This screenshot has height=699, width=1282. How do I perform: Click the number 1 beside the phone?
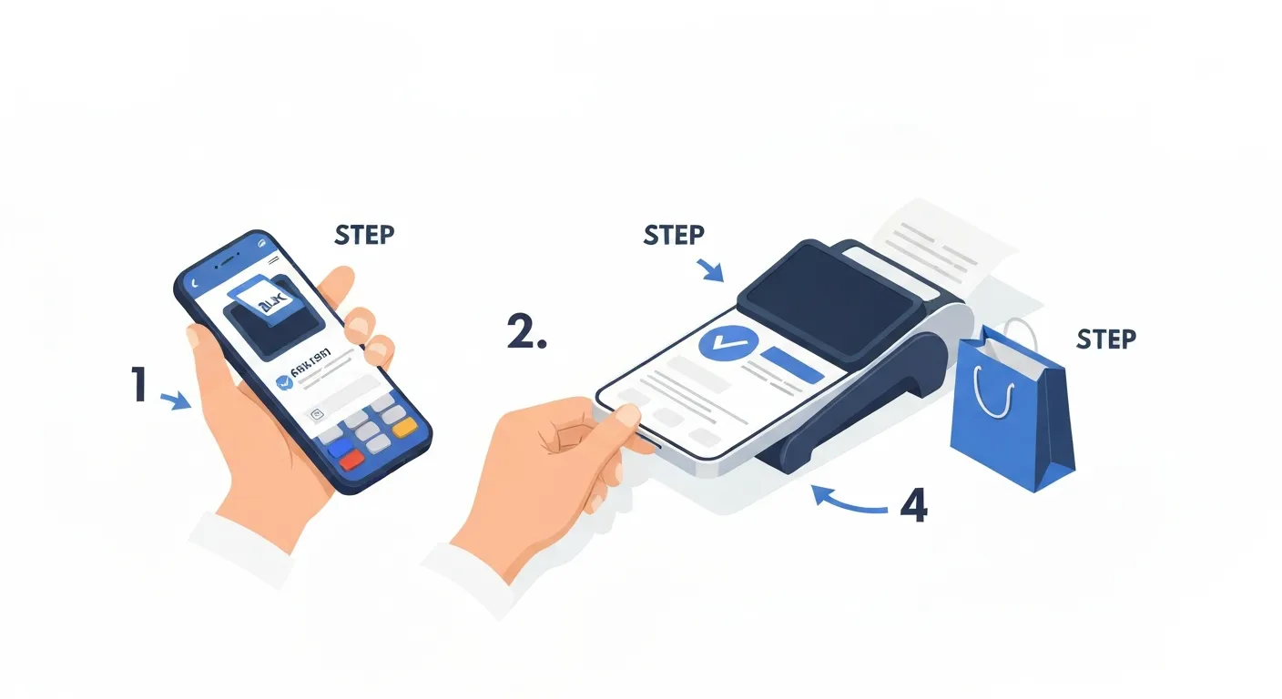tap(138, 384)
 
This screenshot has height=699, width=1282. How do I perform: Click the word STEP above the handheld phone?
tap(364, 234)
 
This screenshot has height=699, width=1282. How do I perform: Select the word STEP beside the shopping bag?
tap(1106, 339)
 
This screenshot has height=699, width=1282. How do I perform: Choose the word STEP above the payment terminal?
tap(674, 235)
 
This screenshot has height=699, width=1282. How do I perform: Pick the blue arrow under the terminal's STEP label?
tap(711, 269)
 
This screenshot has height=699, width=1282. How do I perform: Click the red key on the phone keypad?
tap(351, 461)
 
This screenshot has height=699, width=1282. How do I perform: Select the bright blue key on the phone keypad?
tap(339, 448)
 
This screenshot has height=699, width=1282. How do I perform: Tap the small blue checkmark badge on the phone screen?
tap(284, 384)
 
